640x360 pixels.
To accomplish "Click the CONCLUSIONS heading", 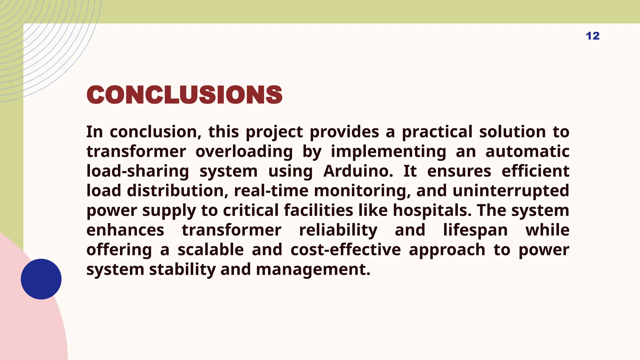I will click(184, 95).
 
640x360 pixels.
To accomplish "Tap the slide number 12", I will click(592, 36).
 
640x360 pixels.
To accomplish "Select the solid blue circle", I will click(41, 279).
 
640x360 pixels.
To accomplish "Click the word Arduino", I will click(358, 171).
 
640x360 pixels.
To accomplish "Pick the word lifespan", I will click(475, 230).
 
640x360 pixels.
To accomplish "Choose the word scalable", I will click(211, 250).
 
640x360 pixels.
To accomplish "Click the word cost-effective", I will click(346, 250).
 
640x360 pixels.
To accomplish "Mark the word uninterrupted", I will click(511, 191).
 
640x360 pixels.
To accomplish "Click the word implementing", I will click(388, 152).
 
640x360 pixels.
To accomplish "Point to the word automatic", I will click(527, 152).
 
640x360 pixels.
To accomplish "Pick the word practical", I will click(437, 132).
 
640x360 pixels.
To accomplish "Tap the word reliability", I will click(338, 230).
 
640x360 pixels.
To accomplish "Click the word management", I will click(313, 269).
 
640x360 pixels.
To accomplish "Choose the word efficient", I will click(535, 171).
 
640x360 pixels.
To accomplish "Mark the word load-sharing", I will click(138, 171).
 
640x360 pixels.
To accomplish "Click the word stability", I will click(182, 269).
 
